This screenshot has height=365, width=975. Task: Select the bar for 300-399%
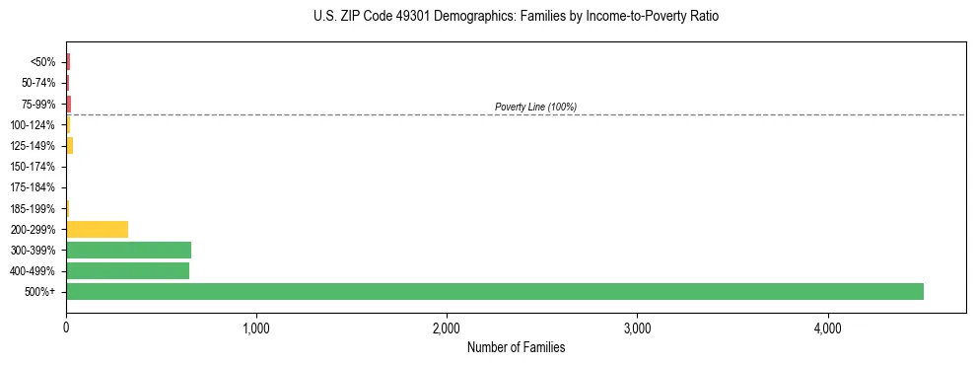coord(128,250)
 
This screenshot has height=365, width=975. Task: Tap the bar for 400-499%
coord(127,270)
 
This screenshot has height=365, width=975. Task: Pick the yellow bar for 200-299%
coord(97,229)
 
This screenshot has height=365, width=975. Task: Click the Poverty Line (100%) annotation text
coord(535,107)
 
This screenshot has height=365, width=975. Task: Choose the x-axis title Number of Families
coord(516,348)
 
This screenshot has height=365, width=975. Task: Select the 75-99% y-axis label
coord(39,104)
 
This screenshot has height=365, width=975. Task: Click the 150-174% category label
coord(35,167)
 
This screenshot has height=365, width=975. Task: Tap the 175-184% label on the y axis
coord(35,187)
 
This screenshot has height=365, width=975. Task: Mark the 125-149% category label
coord(35,146)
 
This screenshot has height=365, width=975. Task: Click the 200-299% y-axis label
coord(35,230)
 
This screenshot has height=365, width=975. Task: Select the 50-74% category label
coord(39,83)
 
